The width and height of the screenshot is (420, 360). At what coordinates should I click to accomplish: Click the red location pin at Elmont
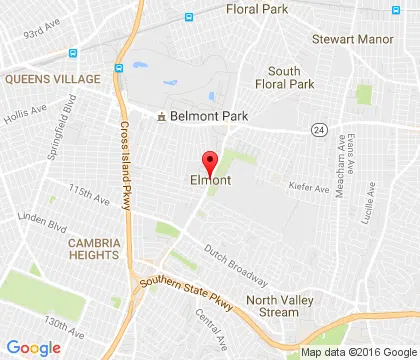pos(210,162)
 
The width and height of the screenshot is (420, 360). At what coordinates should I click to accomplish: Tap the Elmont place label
pos(211,181)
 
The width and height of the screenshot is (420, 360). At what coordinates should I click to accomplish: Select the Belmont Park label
pos(207,116)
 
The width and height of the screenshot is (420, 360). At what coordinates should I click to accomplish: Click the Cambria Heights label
pos(94,249)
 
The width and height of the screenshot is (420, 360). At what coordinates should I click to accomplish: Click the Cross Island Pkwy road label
pos(127,165)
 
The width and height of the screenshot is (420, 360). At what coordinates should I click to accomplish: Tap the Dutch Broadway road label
pos(236,263)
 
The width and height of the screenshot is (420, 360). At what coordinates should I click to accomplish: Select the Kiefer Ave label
pos(308,187)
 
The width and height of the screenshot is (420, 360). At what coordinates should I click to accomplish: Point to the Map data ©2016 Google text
pos(358,352)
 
